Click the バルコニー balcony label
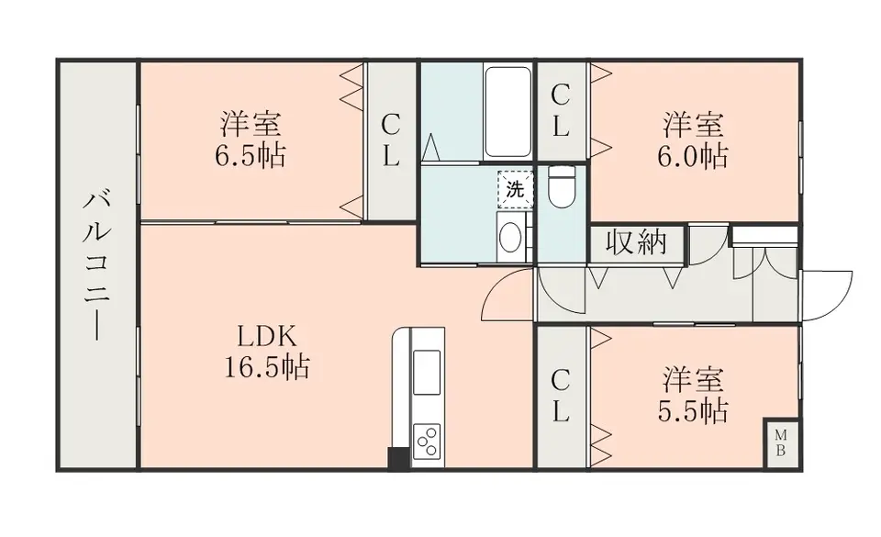pos(96,265)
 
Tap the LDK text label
pos(266,337)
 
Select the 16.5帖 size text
pos(267,367)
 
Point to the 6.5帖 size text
pos(250,156)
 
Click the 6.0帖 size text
pos(693,157)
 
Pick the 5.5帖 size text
pos(693,411)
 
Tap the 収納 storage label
pos(637,243)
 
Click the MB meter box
pos(780,442)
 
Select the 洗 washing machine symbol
pos(515,189)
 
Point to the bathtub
pos(507,112)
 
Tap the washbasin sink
pos(510,237)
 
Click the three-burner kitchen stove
pos(427,441)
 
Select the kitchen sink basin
pos(427,371)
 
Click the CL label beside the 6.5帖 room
pos(391,140)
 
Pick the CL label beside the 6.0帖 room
pos(560,111)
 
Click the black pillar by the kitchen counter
pos(398,458)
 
